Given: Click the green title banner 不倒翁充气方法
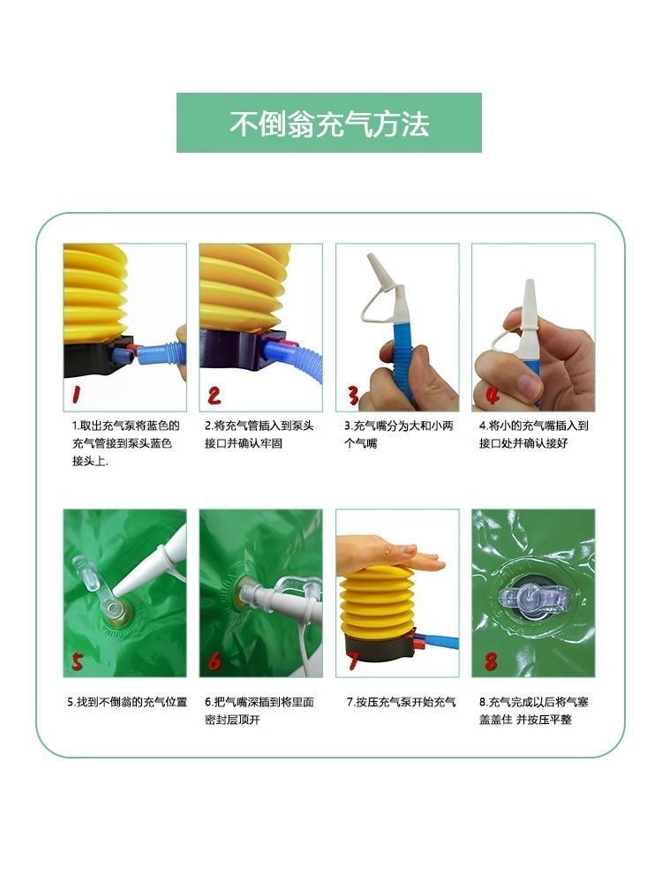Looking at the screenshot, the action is tap(328, 123).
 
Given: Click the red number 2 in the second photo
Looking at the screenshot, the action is tap(214, 396).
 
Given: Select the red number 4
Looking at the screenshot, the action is tap(493, 394).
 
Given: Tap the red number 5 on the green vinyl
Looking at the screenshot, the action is tap(77, 662).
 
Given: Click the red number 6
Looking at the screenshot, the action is tap(214, 661).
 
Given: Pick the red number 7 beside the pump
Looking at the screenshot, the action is tap(353, 660).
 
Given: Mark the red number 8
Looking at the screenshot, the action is tap(491, 661).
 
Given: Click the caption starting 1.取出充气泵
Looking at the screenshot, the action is tap(125, 443).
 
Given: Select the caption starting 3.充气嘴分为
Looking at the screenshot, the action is tap(399, 434).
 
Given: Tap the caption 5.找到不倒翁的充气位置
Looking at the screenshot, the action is tap(127, 702).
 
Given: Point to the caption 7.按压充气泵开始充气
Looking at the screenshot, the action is tap(401, 702).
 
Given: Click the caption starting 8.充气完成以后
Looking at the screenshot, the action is tap(534, 711).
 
